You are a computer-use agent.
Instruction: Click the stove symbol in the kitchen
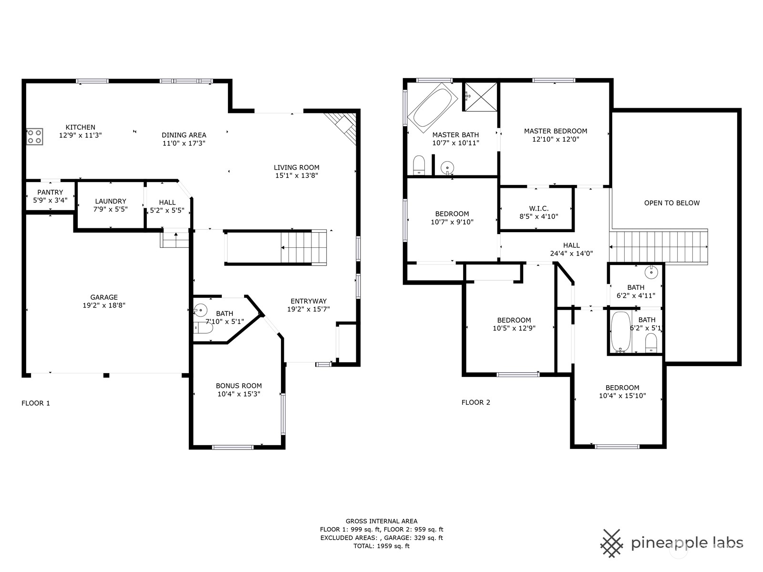(x=34, y=136)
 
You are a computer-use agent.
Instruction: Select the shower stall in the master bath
(x=480, y=97)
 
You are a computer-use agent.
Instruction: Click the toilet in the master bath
(x=419, y=165)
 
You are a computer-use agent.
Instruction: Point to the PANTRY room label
(x=50, y=192)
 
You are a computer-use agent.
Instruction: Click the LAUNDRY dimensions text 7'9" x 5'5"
(x=111, y=209)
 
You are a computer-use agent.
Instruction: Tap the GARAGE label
(x=104, y=297)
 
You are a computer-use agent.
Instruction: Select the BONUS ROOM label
(x=238, y=386)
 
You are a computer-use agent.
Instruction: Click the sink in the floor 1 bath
(x=201, y=310)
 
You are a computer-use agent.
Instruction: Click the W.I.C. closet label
(x=539, y=208)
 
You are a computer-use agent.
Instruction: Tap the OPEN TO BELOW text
(x=672, y=203)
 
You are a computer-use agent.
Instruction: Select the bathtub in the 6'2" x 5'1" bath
(x=621, y=332)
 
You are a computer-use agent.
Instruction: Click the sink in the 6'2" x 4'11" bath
(x=651, y=273)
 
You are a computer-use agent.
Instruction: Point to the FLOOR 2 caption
(x=475, y=402)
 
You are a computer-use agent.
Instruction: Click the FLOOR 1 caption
(x=36, y=403)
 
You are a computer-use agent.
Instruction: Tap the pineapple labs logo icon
(x=612, y=542)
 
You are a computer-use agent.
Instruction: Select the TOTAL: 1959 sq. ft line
(x=381, y=546)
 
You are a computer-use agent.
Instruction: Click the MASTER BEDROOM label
(x=556, y=131)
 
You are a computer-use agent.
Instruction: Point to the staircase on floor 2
(x=658, y=246)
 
